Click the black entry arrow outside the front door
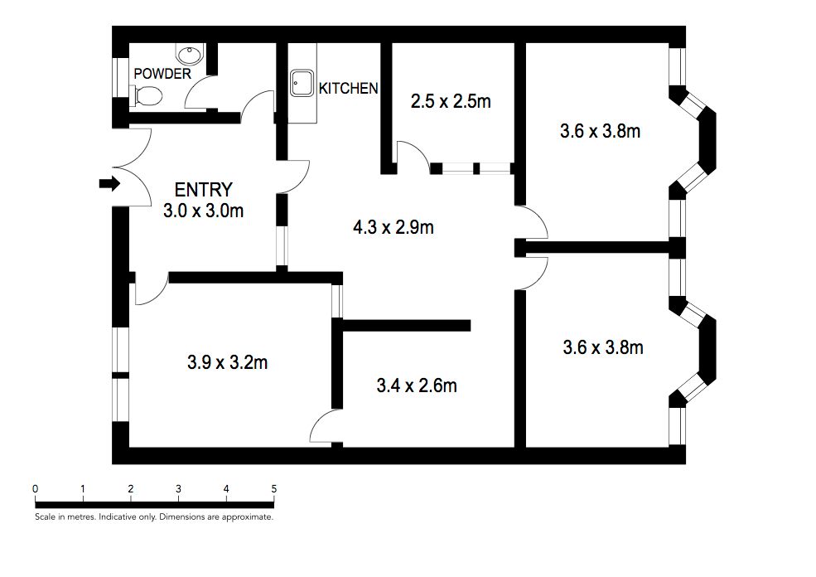[109, 184]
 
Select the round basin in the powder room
[190, 54]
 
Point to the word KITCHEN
[348, 89]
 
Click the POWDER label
[162, 74]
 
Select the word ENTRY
[203, 190]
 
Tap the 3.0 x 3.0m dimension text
[204, 211]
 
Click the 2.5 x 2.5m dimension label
[451, 101]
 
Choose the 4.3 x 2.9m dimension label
[394, 227]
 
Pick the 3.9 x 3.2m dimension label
[228, 362]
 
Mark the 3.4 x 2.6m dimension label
[417, 385]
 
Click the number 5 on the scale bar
[273, 489]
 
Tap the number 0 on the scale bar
[35, 489]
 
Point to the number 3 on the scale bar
[178, 489]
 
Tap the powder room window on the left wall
[120, 77]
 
